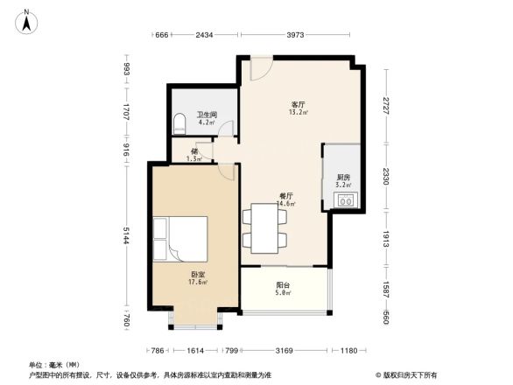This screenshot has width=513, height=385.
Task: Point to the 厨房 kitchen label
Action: coord(343,178)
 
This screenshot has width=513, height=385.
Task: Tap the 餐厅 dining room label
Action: coord(285,198)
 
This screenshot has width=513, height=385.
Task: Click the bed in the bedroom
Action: coord(180,238)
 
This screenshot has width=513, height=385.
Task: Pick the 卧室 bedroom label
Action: coord(199,276)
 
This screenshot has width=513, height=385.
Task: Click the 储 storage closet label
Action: coord(194,151)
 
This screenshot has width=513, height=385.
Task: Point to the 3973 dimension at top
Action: coord(294,35)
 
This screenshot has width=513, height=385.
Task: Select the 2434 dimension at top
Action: coord(204,35)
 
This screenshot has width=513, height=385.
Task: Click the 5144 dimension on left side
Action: coord(128,236)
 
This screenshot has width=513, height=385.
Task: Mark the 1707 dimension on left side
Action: coord(128,112)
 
